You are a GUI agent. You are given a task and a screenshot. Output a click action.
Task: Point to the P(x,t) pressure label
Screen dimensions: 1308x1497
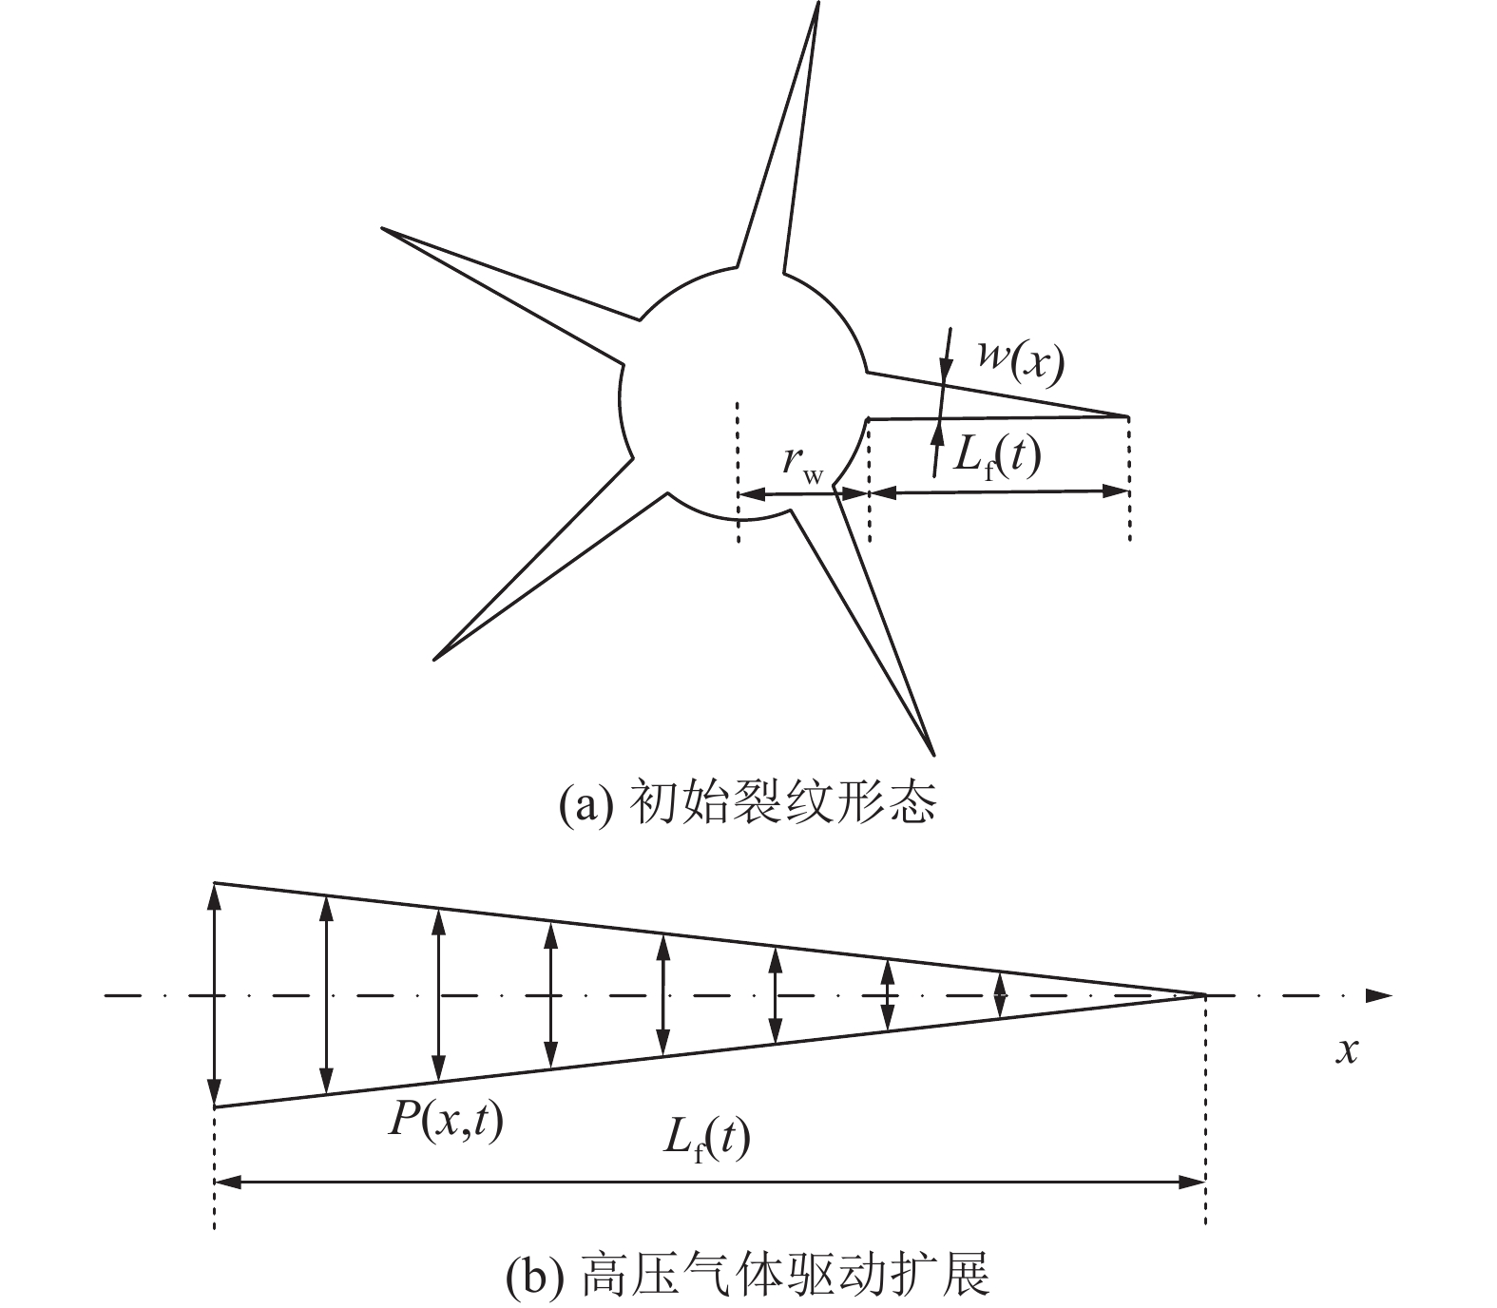pos(445,1123)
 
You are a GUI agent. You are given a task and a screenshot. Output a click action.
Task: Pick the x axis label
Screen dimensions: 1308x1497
pos(1347,1051)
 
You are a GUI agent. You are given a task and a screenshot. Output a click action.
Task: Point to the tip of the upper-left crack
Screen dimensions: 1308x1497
pos(383,229)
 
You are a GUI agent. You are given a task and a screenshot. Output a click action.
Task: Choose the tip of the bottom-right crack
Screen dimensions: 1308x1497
pos(933,755)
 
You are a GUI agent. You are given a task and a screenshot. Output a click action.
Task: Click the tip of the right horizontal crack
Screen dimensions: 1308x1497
pos(1128,416)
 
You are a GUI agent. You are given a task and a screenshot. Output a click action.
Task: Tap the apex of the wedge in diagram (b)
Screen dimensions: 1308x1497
pos(1204,995)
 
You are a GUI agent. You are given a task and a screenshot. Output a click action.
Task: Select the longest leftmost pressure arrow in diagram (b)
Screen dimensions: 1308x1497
pos(216,995)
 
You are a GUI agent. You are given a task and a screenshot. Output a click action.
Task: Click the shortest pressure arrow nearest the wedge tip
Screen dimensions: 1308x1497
pos(999,995)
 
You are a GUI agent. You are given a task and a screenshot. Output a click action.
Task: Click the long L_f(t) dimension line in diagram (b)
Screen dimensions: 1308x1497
pos(710,1183)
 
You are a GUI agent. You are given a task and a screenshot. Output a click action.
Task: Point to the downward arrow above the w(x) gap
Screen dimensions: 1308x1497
pos(946,356)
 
